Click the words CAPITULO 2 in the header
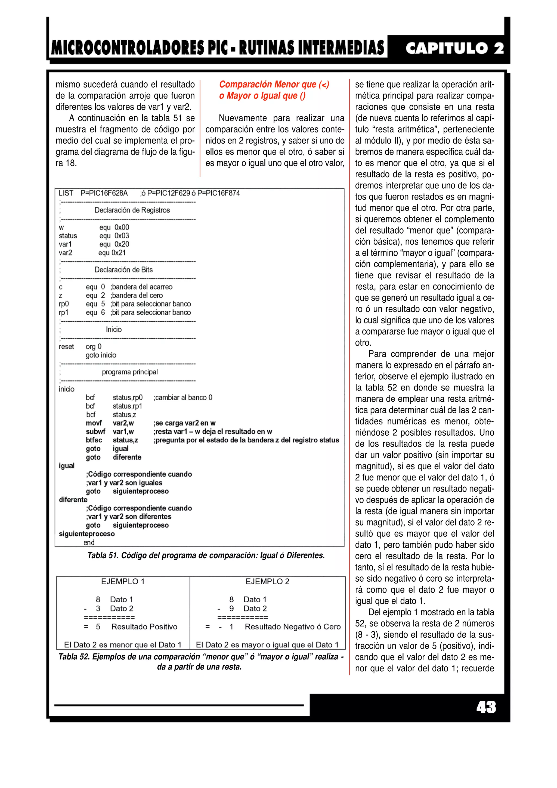pyautogui.click(x=454, y=48)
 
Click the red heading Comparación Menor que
pyautogui.click(x=274, y=84)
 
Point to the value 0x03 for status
pyautogui.click(x=122, y=236)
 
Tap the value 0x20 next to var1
pyautogui.click(x=122, y=244)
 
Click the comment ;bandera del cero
pyautogui.click(x=137, y=296)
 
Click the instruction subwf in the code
pyautogui.click(x=95, y=432)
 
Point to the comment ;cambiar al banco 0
pyautogui.click(x=183, y=398)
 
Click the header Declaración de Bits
pyautogui.click(x=123, y=270)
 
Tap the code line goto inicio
pyautogui.click(x=101, y=355)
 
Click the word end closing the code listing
pyautogui.click(x=89, y=543)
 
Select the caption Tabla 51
pyautogui.click(x=206, y=556)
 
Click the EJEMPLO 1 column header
pyautogui.click(x=123, y=582)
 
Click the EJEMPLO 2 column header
pyautogui.click(x=267, y=582)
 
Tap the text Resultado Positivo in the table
pyautogui.click(x=144, y=627)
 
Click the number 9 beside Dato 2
pyautogui.click(x=232, y=609)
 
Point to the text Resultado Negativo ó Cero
pyautogui.click(x=292, y=627)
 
